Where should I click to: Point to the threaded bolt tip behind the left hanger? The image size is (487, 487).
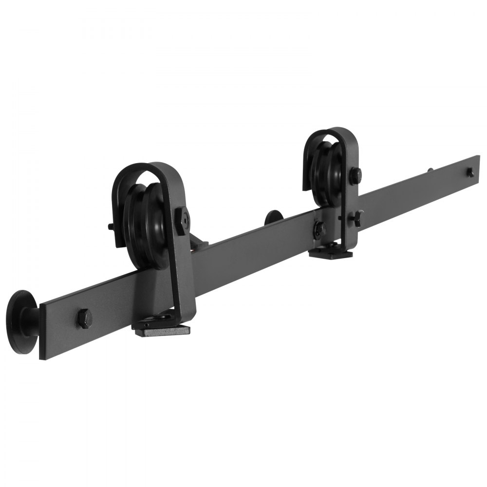pos(110,226)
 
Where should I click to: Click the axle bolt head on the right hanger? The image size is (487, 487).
pos(356,175)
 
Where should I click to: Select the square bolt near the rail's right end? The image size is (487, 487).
pos(470,172)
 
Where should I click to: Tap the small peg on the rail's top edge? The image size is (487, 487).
pos(431,170)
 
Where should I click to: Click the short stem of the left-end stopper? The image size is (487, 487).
pos(37,319)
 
